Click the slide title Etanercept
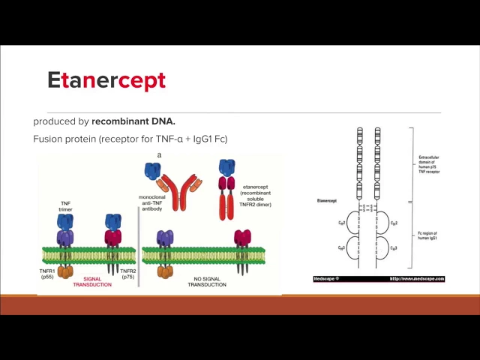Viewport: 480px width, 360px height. coord(106,80)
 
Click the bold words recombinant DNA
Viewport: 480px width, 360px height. coord(133,121)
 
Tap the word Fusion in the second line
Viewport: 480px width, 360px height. coord(49,139)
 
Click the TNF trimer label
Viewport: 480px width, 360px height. coord(65,206)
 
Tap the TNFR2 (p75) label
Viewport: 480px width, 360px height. coord(128,273)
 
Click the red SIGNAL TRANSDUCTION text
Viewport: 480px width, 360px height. coord(92,282)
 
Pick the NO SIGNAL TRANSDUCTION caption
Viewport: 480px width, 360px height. coord(208,282)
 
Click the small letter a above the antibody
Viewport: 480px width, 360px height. coord(159,155)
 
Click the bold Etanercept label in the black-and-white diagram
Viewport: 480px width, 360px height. coord(326,201)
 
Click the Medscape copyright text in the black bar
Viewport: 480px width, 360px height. coord(327,279)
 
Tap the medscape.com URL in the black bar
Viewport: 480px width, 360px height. coord(416,279)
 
